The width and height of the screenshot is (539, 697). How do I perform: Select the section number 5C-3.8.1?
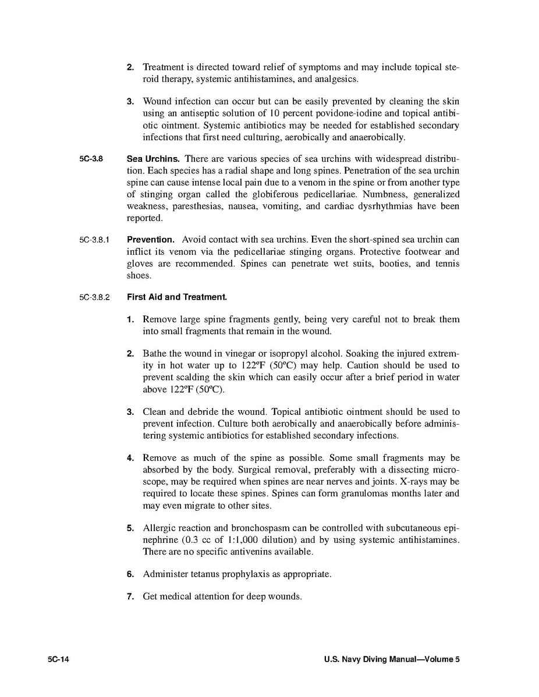(95, 240)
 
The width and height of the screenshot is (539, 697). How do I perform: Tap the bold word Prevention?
(150, 240)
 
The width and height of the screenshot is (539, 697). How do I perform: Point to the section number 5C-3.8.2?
(95, 297)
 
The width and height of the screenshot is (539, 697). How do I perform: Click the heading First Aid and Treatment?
(177, 297)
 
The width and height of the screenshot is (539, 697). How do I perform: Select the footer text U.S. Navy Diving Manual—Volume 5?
(392, 660)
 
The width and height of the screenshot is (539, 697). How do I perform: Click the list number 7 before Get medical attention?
(130, 597)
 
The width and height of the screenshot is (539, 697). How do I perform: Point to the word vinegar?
(245, 354)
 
